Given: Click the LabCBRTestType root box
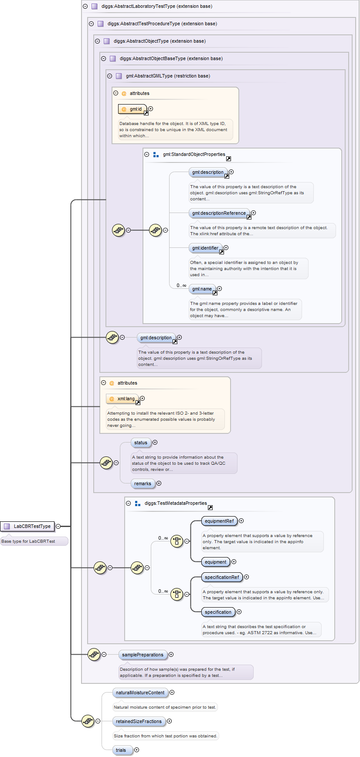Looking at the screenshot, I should [x=27, y=526].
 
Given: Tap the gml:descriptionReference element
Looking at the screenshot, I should [x=219, y=213].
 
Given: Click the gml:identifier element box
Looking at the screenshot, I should [x=205, y=248].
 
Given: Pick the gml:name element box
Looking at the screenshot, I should [x=202, y=289].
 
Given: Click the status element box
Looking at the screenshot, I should [x=141, y=443].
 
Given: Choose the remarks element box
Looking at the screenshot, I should [x=143, y=483].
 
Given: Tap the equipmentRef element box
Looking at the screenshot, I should [x=219, y=521].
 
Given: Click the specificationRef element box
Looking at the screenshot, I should [x=222, y=577].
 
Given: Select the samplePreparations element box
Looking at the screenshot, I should [x=143, y=655].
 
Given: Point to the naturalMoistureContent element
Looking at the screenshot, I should [x=140, y=693].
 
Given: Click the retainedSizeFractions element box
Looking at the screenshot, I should [x=139, y=721].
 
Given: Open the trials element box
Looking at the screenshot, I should [x=121, y=750].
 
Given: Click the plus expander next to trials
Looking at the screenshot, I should [x=137, y=750].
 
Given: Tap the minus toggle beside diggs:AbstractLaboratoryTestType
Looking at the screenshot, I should [x=85, y=7].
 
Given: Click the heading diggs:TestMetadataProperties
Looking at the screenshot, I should [x=176, y=503].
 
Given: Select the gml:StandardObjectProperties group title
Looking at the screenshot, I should [x=194, y=154].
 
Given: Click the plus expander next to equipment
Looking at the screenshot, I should [x=234, y=562].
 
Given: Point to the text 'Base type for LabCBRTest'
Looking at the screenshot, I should [x=28, y=541].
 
